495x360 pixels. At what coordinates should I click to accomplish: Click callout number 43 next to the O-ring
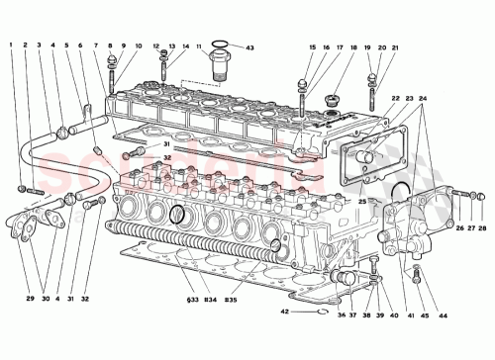pyautogui.click(x=249, y=47)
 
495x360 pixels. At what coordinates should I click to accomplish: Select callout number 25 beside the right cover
pyautogui.click(x=362, y=202)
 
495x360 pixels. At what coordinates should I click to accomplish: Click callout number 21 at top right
pyautogui.click(x=396, y=47)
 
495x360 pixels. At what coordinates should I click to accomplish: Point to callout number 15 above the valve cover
pyautogui.click(x=312, y=47)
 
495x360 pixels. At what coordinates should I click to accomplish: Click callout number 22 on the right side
pyautogui.click(x=395, y=99)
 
